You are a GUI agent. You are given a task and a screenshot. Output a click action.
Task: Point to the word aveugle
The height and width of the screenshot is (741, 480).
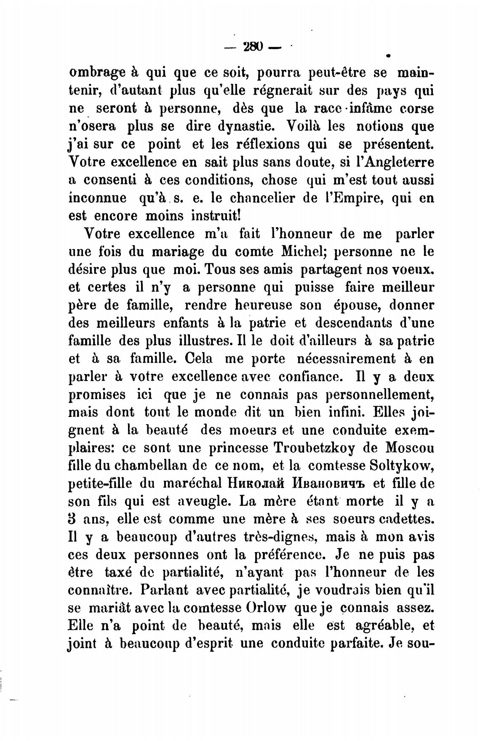(203, 502)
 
